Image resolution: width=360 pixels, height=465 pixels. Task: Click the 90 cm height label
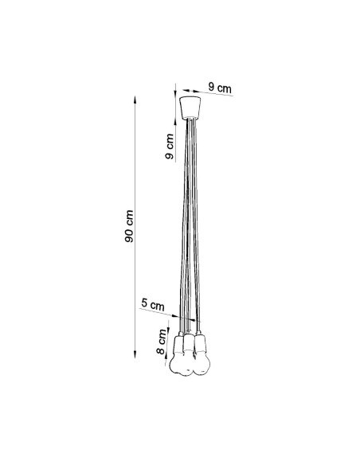click(x=129, y=226)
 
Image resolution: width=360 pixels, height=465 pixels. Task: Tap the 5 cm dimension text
click(x=153, y=305)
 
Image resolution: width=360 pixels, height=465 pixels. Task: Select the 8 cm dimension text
click(x=162, y=342)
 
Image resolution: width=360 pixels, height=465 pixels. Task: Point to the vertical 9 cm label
click(x=170, y=147)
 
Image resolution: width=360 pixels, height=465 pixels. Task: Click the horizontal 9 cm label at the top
click(x=220, y=88)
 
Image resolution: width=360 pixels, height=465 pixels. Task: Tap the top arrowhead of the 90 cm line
click(x=135, y=100)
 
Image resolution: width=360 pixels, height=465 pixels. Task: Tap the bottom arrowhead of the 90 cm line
click(x=135, y=354)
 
